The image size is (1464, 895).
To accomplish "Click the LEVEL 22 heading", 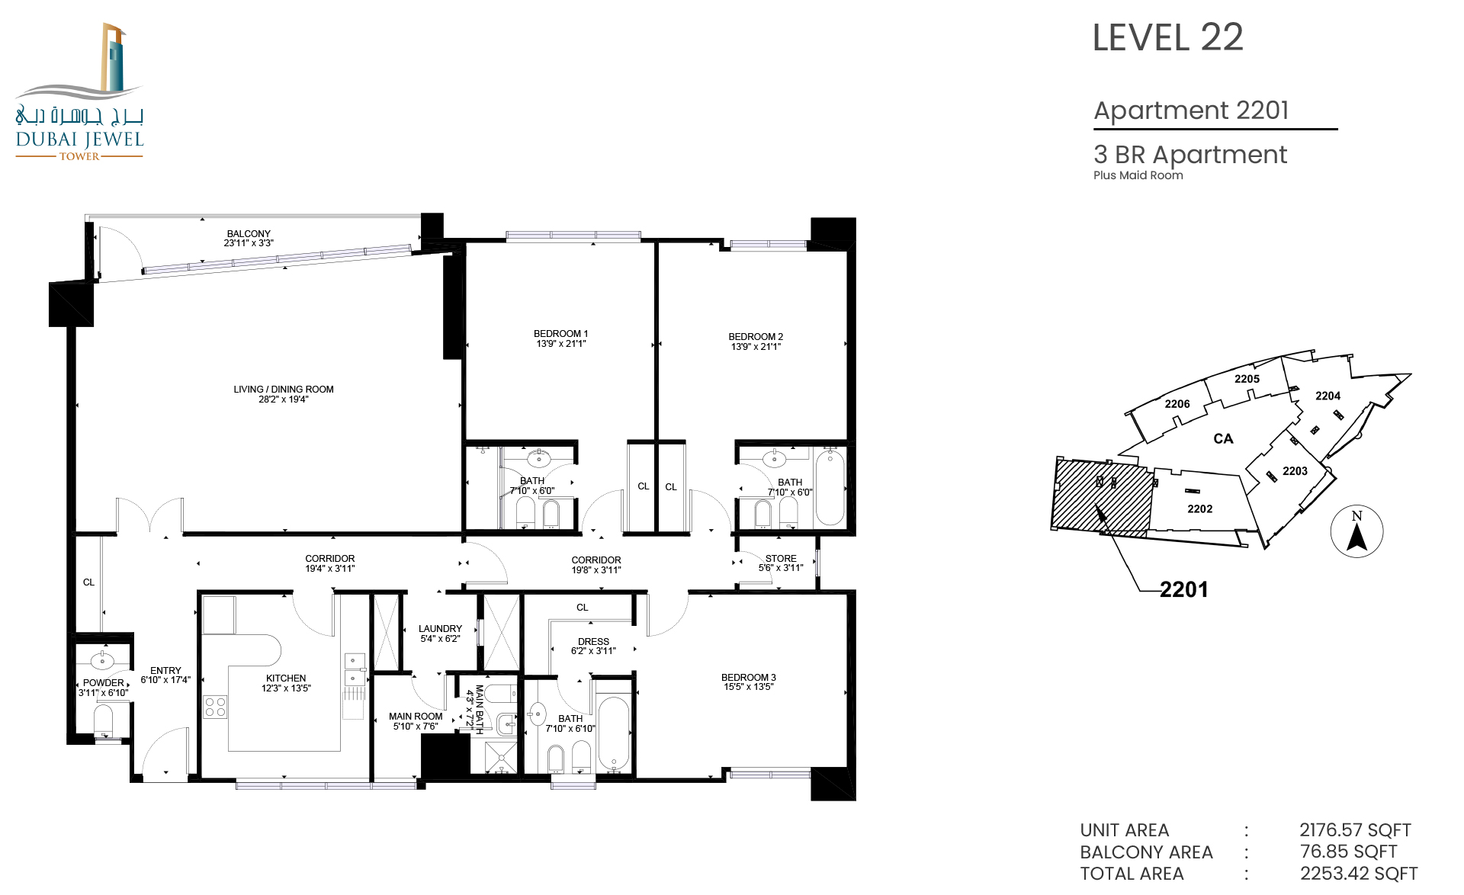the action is pos(1167,37).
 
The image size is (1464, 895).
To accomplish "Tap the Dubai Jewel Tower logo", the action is pos(79,91).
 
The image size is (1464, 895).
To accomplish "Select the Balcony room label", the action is pos(249,234).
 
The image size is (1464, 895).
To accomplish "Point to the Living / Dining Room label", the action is pos(284,390).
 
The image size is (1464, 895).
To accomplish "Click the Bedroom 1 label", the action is pos(560,334).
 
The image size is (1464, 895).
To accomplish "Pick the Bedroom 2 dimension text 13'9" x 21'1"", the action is pos(756,347).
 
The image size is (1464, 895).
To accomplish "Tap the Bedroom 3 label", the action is pos(749,677).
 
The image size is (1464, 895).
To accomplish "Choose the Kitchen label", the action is pos(286,678).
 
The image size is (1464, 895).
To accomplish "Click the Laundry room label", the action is pos(440,629).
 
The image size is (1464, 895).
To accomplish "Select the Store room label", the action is pos(781,559).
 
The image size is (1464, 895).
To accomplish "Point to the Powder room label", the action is pos(104,683).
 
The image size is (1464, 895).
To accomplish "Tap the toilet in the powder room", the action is pos(104,721).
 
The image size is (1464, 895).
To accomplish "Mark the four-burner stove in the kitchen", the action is pos(215,707).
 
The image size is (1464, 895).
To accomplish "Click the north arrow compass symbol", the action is pos(1356,531).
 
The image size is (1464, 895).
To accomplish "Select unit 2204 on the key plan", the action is pos(1328,396).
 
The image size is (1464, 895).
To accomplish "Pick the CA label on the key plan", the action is pos(1223,439).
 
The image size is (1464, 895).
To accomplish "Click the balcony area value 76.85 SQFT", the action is pos(1348,852).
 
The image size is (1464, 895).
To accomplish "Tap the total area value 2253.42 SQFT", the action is pos(1359,874).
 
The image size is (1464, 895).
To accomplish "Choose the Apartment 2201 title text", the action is pos(1191,111).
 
